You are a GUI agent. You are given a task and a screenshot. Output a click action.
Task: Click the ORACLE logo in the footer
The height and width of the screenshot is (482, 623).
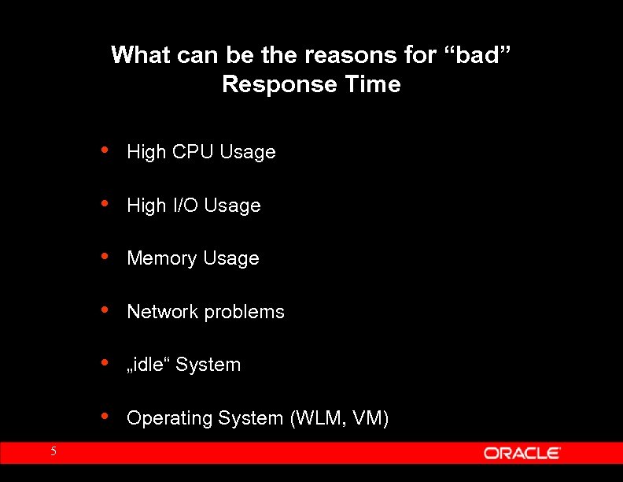click(522, 453)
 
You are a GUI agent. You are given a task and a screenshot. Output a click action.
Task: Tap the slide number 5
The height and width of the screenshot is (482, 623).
click(53, 451)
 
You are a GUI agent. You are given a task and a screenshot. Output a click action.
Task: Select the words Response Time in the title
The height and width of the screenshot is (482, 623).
click(311, 84)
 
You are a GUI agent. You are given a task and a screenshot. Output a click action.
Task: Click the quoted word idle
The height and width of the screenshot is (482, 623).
click(149, 365)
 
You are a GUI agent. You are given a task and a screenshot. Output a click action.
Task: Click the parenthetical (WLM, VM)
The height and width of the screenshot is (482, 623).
click(340, 418)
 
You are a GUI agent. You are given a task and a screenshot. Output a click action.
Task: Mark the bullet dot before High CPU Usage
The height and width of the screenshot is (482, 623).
click(105, 150)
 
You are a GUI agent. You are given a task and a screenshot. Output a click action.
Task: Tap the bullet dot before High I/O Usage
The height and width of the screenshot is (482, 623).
click(105, 204)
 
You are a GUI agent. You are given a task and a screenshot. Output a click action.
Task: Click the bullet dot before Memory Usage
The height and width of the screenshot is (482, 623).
click(105, 257)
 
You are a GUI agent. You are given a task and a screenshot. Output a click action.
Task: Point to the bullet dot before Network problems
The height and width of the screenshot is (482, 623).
click(105, 310)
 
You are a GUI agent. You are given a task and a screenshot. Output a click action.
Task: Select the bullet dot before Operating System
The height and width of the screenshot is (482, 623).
click(105, 417)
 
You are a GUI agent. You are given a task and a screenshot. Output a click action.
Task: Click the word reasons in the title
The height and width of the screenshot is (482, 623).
click(341, 55)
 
